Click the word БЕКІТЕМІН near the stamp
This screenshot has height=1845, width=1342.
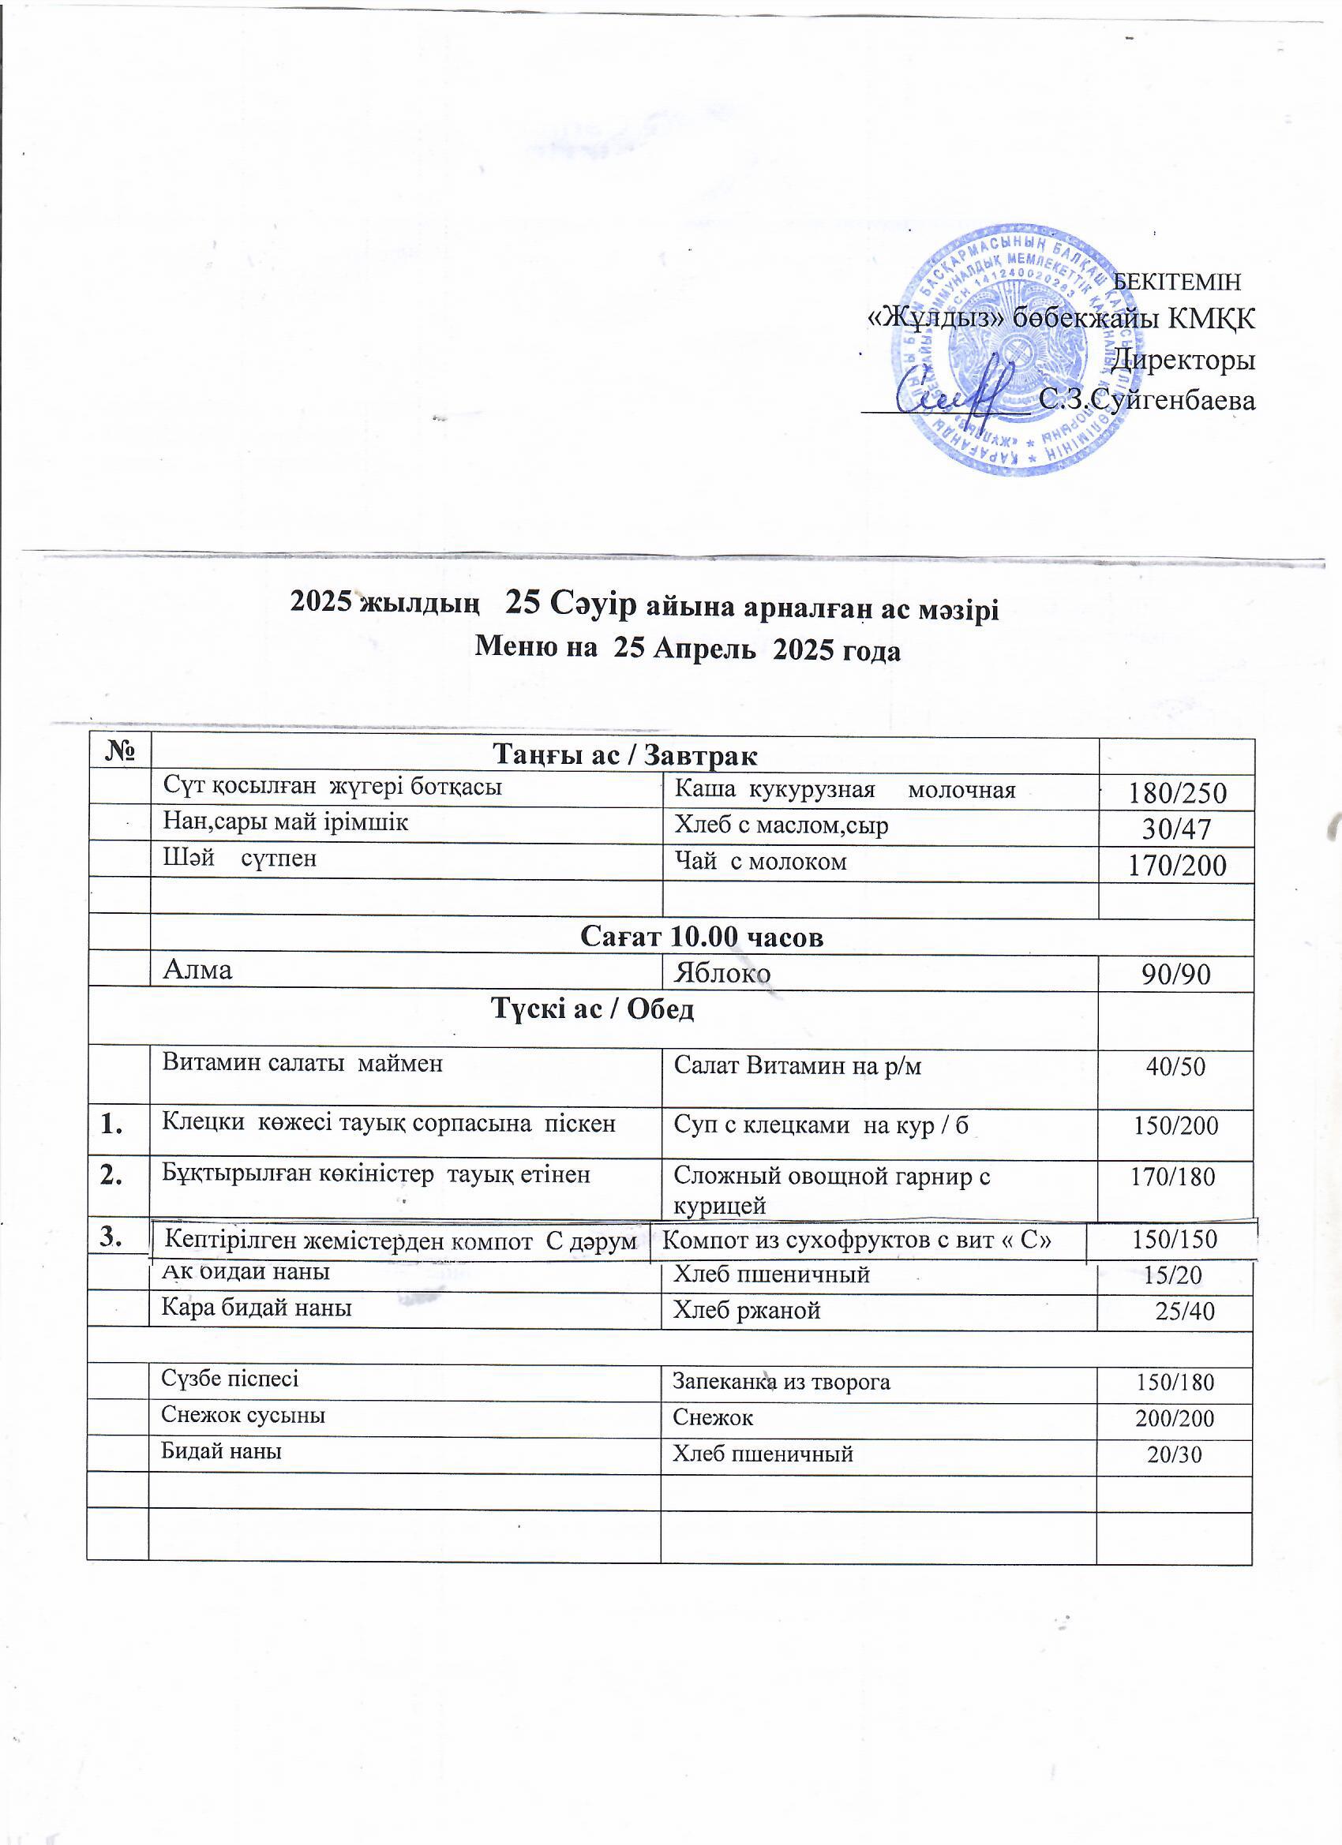1176,282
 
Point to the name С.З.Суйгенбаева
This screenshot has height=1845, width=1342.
1148,400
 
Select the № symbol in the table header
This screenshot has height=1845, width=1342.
119,750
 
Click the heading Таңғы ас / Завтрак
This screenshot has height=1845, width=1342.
625,756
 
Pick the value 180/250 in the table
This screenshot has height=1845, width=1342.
1176,793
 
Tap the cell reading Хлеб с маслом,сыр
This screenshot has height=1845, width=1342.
782,825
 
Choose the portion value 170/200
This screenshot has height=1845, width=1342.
1176,866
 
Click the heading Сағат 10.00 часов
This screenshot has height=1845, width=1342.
702,937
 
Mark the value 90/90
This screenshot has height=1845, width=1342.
1176,974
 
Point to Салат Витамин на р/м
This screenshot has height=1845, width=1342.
797,1065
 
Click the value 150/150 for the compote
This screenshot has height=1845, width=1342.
1175,1240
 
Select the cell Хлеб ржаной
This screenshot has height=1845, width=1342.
746,1310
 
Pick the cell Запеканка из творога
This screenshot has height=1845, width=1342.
782,1381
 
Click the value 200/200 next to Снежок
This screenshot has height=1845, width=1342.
1175,1419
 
